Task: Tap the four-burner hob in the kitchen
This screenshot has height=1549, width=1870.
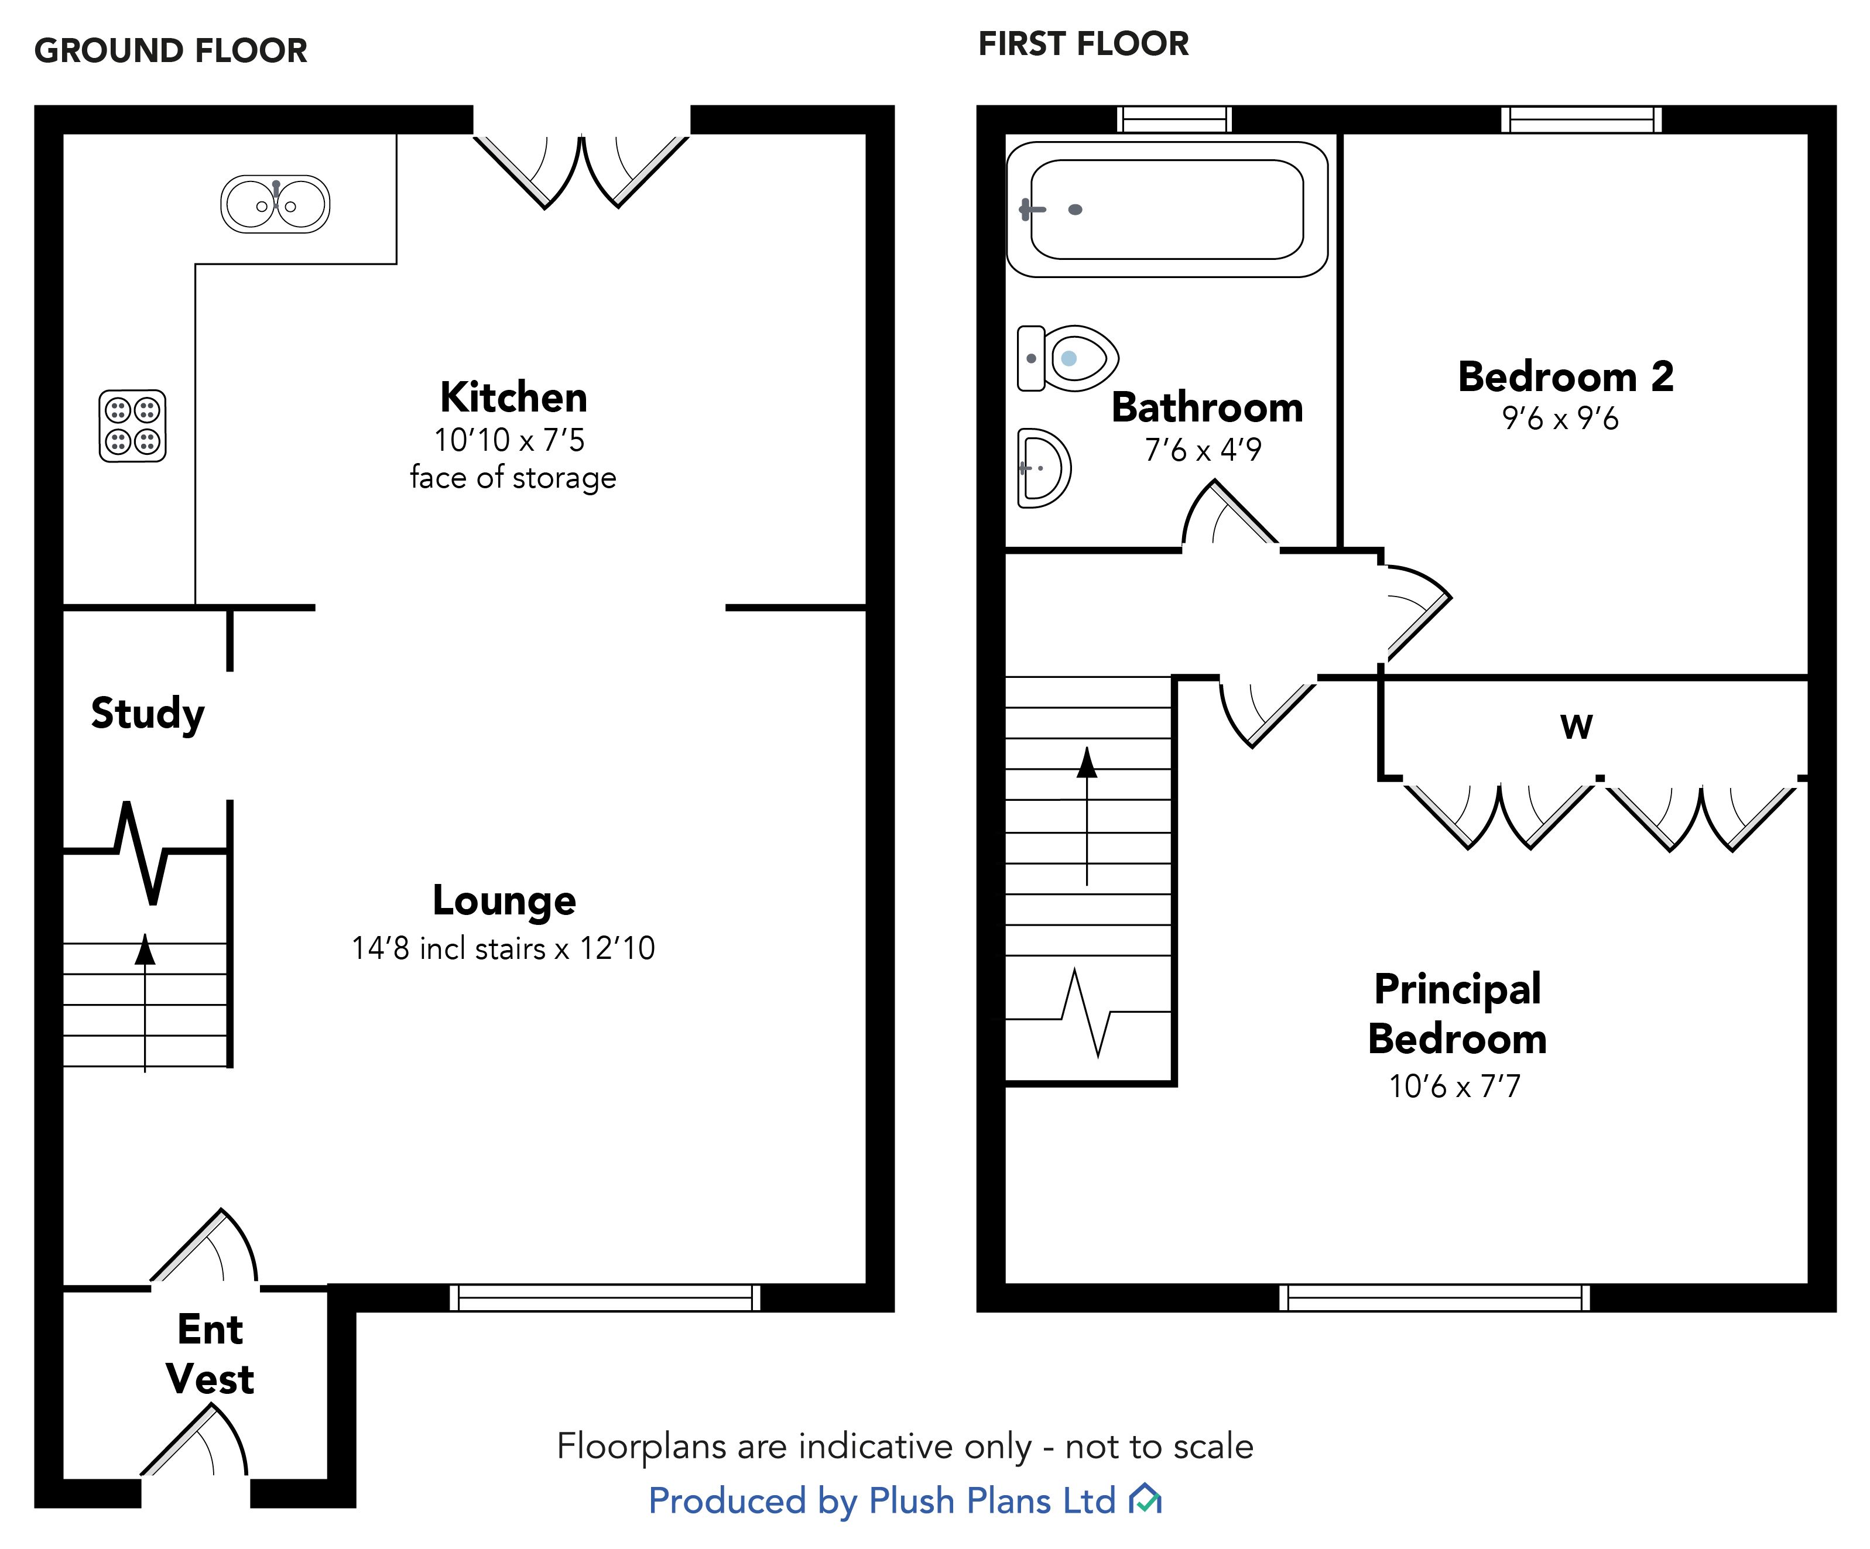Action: (133, 426)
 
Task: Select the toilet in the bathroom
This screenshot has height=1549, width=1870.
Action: (1068, 358)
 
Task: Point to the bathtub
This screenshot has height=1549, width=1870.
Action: (1166, 209)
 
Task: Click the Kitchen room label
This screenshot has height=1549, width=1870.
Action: (514, 397)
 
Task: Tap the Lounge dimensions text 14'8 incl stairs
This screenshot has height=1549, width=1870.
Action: (503, 948)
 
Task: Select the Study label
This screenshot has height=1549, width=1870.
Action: (148, 713)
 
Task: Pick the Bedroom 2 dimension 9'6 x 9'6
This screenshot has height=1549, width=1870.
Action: (1560, 419)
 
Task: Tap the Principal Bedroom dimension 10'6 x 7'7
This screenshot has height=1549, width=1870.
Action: (1455, 1086)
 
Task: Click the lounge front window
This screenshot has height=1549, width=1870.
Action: (605, 1298)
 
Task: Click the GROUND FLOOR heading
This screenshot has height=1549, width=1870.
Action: (171, 51)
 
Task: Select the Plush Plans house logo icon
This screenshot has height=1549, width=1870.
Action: (1145, 1500)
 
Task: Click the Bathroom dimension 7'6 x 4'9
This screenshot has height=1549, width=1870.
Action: (1203, 450)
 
